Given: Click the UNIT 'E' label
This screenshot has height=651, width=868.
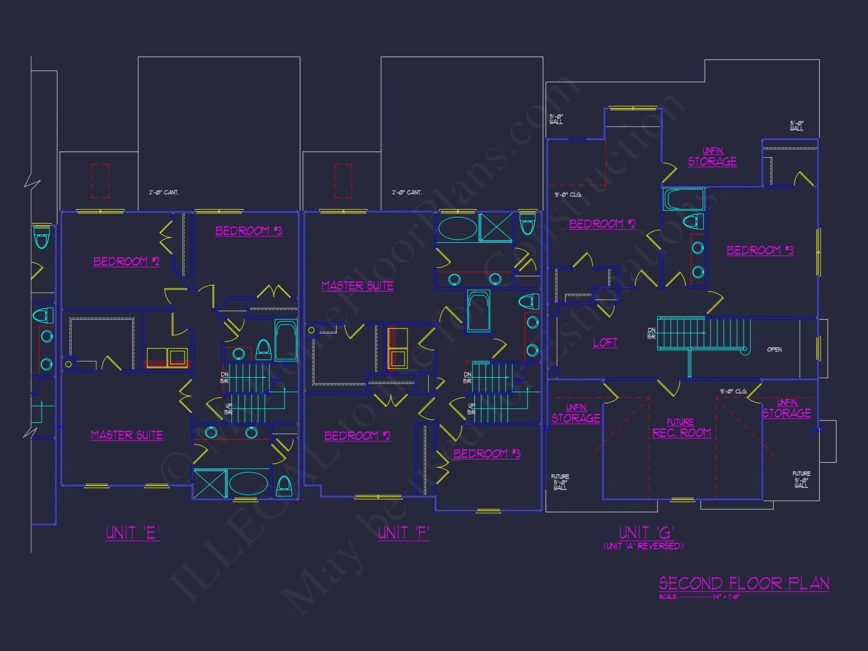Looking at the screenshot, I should coord(133,533).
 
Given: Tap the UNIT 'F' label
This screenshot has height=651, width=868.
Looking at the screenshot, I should coord(403,533).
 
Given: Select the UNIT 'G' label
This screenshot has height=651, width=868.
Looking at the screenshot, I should coord(646,533).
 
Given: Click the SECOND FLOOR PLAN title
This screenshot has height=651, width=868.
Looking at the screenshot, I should coord(744,583).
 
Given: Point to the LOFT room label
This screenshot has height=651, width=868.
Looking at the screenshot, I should coord(605,342).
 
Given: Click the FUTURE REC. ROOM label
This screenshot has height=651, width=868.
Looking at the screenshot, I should coord(681,428).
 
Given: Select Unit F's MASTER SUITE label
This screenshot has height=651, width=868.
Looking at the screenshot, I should coord(357,286).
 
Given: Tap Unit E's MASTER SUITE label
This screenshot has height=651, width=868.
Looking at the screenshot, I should coord(127,435).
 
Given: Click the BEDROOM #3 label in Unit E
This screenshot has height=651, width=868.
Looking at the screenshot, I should coord(249,230).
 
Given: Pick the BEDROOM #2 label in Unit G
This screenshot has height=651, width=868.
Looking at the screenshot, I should coord(602,224).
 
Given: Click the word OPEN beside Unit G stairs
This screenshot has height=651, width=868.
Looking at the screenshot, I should coord(774,349).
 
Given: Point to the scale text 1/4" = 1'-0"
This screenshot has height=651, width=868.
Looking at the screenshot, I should coord(726,597).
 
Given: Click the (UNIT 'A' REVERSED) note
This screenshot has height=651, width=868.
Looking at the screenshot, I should coord(643,546).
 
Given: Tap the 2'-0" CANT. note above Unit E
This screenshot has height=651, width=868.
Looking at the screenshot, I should coord(164,192).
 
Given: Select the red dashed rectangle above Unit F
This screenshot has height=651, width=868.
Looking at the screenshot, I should coord(343,181).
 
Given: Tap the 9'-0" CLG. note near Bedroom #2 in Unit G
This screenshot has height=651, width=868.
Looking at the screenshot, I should coord(568,194).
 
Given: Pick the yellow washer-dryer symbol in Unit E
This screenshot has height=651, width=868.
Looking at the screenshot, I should coord(167,358).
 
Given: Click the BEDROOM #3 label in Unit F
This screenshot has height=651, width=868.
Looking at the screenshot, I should coord(487,454).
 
